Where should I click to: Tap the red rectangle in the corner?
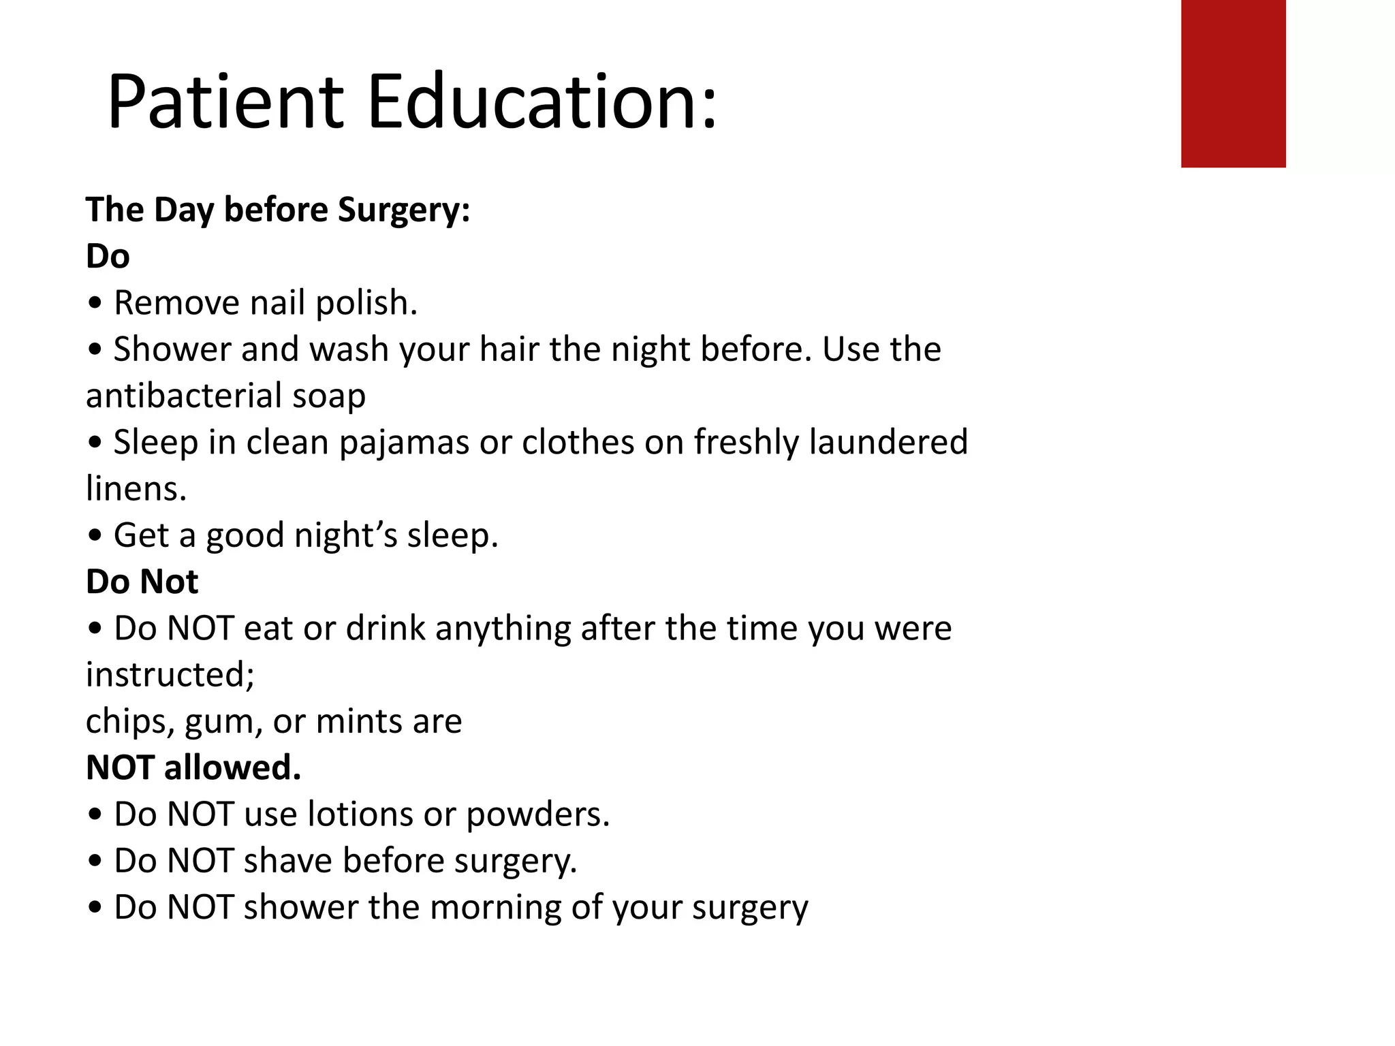coord(1233,83)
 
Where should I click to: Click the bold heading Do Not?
coord(142,582)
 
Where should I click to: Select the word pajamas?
coord(403,443)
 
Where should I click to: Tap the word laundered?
coord(888,443)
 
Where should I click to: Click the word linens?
coord(136,489)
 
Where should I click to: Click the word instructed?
coord(170,675)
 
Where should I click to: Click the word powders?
coord(537,814)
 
